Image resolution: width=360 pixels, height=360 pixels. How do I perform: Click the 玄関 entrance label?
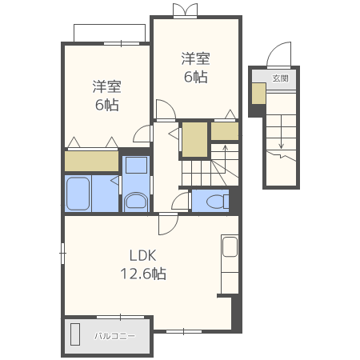tap(280, 78)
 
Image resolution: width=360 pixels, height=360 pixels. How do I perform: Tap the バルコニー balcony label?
tap(115, 336)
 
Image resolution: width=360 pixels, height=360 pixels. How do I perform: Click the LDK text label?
tap(142, 256)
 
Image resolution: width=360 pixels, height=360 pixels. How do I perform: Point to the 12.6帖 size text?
tap(143, 274)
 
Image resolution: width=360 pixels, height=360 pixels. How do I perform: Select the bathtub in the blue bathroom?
tap(78, 194)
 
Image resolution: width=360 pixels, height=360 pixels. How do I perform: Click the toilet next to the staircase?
tap(218, 201)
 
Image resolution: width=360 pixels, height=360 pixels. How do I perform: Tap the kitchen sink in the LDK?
tap(230, 246)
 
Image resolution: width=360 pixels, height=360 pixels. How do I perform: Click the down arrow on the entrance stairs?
tap(281, 132)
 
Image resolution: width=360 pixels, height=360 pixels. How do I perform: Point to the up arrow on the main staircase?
tap(226, 159)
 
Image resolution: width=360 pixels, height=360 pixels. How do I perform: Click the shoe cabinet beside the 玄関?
tap(258, 94)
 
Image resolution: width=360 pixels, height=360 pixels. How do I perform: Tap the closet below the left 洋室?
tap(91, 161)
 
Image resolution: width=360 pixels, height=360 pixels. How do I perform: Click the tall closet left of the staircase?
tap(194, 139)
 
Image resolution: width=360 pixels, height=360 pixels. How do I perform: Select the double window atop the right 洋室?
tap(185, 10)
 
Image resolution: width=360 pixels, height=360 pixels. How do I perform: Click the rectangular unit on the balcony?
tap(75, 334)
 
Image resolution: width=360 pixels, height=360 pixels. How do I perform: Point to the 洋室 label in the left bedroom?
tap(106, 86)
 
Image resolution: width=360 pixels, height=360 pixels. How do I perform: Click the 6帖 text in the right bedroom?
tap(196, 77)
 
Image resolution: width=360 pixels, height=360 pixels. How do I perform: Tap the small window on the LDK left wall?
tap(62, 253)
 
